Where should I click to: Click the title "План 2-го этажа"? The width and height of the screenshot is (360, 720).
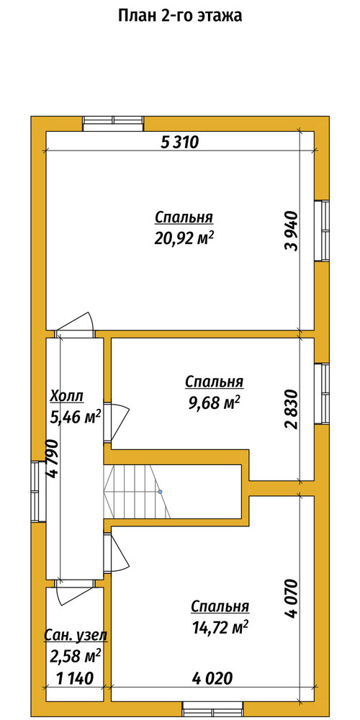pos(180,16)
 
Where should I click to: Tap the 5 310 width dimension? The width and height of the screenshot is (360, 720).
pos(179,143)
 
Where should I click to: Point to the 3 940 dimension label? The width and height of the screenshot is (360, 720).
pos(292,231)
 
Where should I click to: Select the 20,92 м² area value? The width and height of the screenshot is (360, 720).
pos(184,238)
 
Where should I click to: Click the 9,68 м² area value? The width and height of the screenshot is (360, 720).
pos(215,402)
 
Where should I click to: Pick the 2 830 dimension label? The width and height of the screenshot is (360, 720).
pos(292,409)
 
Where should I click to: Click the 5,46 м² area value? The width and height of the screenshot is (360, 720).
pos(74,417)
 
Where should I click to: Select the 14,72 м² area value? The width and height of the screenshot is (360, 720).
pos(220,628)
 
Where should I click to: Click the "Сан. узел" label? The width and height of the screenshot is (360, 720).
pos(76,636)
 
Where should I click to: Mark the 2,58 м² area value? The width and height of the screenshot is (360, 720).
pos(74,656)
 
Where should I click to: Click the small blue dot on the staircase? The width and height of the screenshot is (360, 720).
pos(161,492)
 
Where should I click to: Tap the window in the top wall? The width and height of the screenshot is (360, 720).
pos(114,124)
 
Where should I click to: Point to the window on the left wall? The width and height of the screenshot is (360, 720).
pos(38,491)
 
